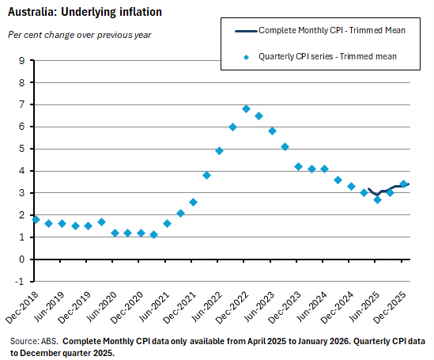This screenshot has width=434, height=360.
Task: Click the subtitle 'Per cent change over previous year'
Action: point(79,35)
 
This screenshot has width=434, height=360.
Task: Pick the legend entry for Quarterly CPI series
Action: point(327,56)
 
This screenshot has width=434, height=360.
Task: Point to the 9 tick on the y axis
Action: point(21,60)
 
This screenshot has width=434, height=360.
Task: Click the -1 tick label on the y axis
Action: point(20,281)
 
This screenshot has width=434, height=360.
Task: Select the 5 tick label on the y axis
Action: point(21,149)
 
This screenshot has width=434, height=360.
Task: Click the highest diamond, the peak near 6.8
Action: point(246,109)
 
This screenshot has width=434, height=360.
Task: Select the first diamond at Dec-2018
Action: point(36,219)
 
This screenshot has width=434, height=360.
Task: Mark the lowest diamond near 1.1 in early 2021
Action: point(154,234)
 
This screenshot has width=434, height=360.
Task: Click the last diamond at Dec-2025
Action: point(403,184)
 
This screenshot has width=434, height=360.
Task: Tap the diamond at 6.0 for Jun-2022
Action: point(232,127)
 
